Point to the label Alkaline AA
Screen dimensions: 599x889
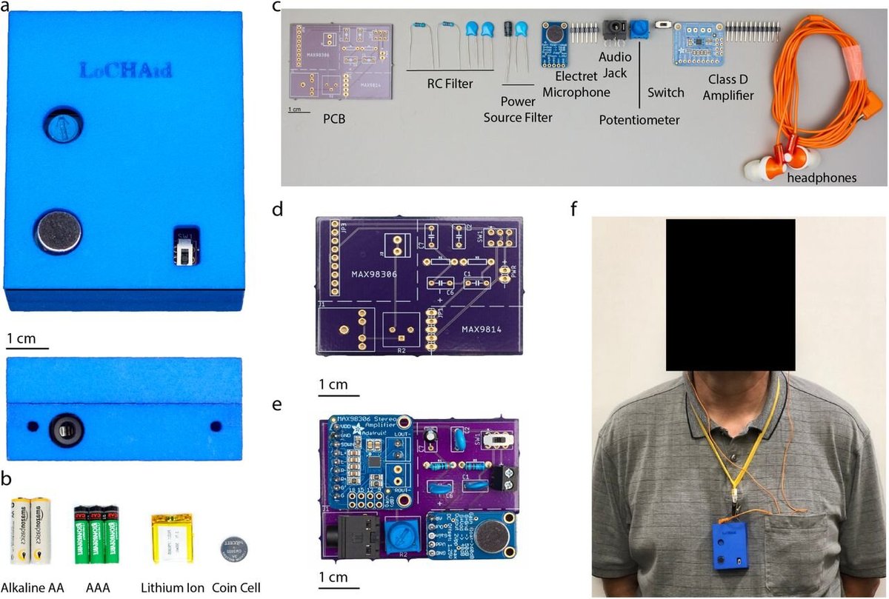(32, 588)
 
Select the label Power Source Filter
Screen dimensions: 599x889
(518, 109)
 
